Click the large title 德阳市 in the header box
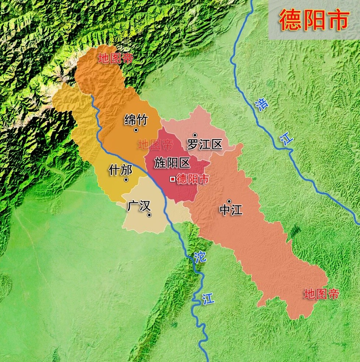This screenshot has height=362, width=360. (314, 20)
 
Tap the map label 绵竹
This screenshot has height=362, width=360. (136, 120)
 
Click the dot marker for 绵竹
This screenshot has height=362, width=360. (136, 130)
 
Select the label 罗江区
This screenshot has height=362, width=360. (205, 144)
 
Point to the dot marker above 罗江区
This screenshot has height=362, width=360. (195, 135)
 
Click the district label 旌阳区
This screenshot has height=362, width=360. (172, 162)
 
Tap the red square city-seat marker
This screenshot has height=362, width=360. (172, 179)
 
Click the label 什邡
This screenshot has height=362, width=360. (120, 170)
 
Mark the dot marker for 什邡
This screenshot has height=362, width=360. (126, 180)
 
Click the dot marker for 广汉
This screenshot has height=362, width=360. (149, 215)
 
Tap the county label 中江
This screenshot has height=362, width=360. (231, 210)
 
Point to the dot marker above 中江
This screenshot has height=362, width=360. (229, 201)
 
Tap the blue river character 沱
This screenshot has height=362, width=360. (200, 257)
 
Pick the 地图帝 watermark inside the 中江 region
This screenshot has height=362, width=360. (321, 294)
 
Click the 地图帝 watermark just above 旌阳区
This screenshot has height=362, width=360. (155, 145)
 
